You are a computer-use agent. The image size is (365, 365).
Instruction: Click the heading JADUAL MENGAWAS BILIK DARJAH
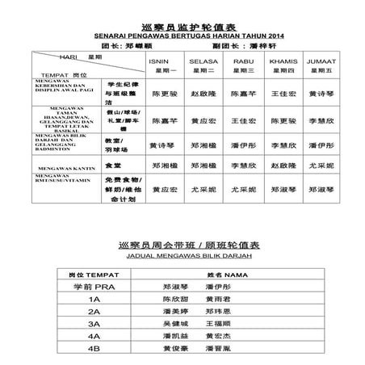coord(183,254)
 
